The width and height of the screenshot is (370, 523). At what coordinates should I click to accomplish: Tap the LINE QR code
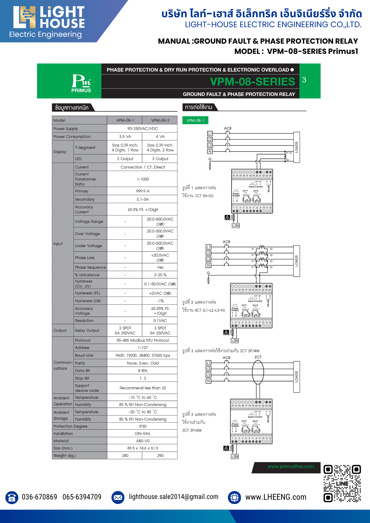point(342,483)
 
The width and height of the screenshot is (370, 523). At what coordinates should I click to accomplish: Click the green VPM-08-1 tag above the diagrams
point(195,120)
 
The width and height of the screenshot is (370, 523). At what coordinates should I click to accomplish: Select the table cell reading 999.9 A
point(143,191)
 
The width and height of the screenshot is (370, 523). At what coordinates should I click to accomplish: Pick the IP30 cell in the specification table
point(143,426)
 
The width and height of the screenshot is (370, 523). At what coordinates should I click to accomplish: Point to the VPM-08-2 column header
point(160,120)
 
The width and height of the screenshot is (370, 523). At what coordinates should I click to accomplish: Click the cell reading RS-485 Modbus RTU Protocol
point(143,340)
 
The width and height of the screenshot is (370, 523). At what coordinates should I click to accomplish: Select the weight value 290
point(160,456)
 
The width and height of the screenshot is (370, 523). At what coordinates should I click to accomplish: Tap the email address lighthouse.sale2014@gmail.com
point(173,497)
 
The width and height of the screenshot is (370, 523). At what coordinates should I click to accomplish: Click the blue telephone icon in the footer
point(12,497)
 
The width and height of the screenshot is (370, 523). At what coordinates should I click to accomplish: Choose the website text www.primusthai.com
point(290,467)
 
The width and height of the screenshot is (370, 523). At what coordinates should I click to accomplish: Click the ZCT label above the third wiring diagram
point(258,357)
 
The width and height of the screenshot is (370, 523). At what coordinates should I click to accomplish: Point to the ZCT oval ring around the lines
point(258,372)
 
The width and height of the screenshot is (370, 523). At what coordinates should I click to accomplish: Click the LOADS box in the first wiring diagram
point(296,147)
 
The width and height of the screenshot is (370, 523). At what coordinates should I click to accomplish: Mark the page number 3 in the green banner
point(304,80)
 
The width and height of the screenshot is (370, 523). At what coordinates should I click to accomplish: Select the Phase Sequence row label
point(90,267)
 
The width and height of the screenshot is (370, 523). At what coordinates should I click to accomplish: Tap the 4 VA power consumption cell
point(160,137)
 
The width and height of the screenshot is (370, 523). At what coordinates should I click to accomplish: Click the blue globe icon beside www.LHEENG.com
point(234,497)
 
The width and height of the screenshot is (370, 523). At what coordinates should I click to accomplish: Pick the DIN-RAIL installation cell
point(143,434)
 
